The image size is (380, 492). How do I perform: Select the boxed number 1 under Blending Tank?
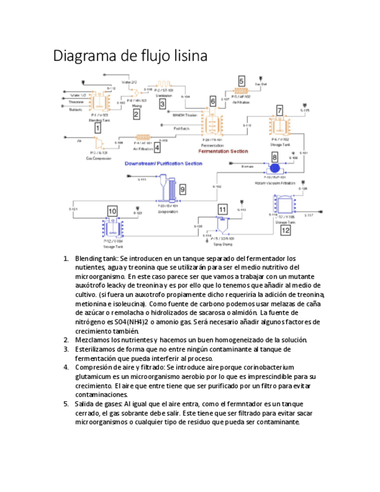(x=98, y=128)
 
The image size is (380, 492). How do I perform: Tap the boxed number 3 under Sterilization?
(x=162, y=104)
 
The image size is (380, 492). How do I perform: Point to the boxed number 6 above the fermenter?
(x=213, y=102)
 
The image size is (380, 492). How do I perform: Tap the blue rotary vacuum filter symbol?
(x=274, y=167)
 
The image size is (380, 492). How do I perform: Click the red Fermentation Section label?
(x=223, y=151)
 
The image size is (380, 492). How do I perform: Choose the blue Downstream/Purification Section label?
(x=164, y=164)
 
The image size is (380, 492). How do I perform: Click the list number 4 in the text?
(x=67, y=367)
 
